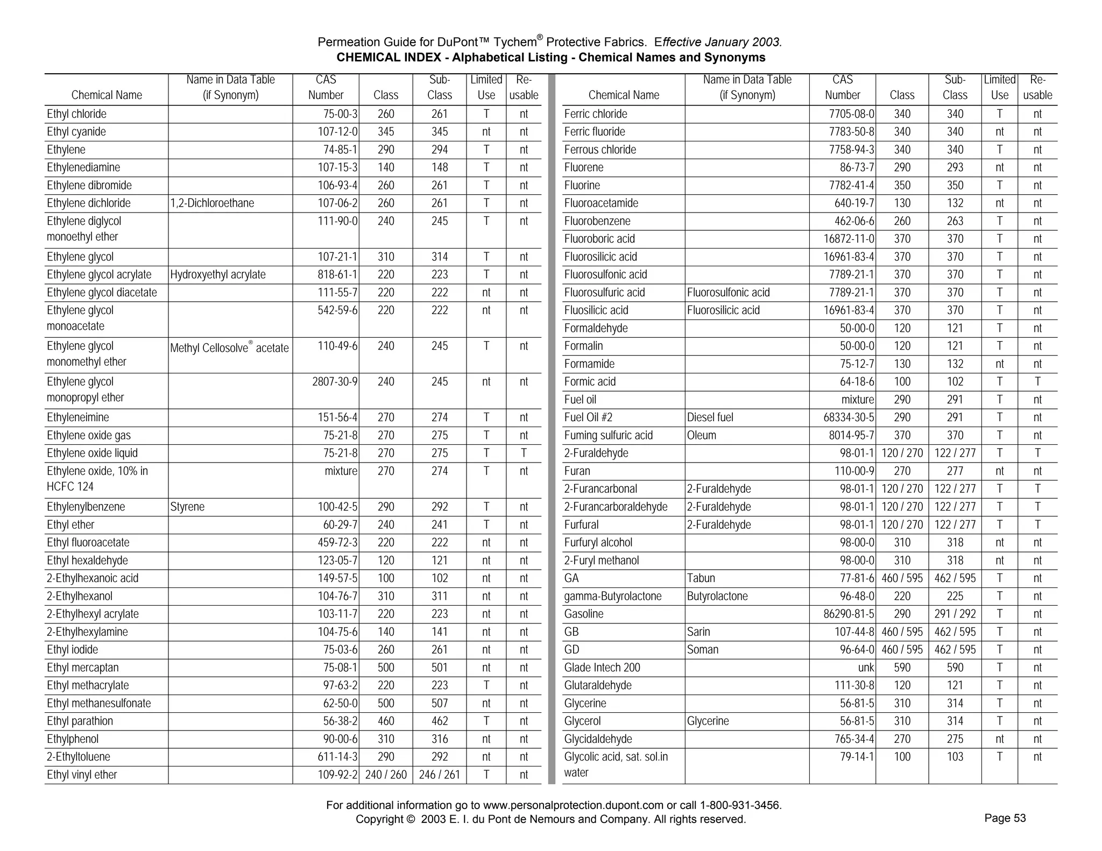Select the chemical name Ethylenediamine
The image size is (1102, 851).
click(83, 167)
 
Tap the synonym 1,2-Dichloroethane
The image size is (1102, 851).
click(212, 203)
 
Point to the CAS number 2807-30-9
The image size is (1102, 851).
click(334, 382)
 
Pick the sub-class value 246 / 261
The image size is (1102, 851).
click(439, 775)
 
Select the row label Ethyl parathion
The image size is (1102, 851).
click(80, 721)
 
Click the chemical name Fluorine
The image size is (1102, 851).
click(582, 186)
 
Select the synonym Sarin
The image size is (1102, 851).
click(698, 632)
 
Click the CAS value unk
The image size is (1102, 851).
click(865, 668)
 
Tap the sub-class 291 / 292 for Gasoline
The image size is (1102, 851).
click(955, 614)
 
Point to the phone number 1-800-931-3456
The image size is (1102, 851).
click(740, 805)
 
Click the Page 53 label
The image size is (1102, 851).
click(1005, 818)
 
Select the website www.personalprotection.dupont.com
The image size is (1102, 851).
click(573, 805)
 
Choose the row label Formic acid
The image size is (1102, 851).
click(590, 382)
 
